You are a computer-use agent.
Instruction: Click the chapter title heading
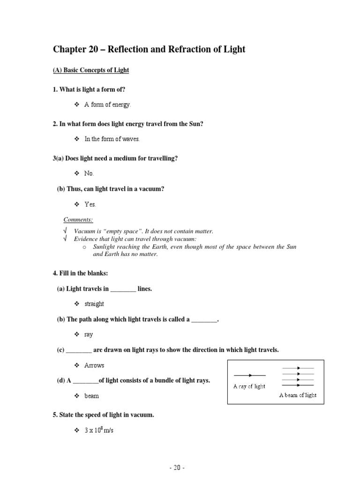(149, 49)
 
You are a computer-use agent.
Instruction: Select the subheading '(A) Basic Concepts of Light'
(90, 70)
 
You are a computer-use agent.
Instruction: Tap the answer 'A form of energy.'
(107, 105)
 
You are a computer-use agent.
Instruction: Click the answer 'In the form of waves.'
(112, 139)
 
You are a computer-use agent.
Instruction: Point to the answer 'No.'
(89, 173)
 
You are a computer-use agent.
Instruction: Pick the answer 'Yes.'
(90, 204)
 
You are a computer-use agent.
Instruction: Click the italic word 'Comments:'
(78, 219)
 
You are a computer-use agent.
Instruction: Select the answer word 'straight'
(94, 304)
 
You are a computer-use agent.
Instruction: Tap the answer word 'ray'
(89, 335)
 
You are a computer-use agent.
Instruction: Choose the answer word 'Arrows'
(94, 365)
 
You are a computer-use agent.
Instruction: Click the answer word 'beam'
(91, 396)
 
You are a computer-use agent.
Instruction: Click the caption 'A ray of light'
(249, 386)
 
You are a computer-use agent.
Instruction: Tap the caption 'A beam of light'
(298, 395)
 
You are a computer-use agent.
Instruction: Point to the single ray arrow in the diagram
(249, 375)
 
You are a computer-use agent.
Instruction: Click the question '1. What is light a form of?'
(89, 90)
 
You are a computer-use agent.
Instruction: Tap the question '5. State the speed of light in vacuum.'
(103, 415)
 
